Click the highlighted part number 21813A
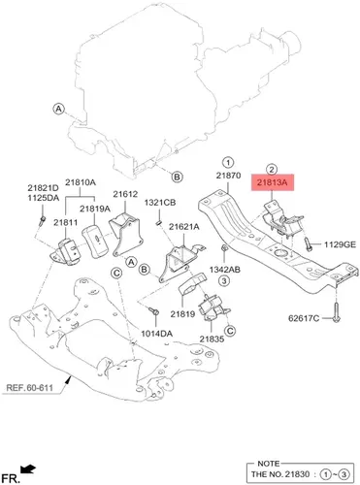pyautogui.click(x=273, y=182)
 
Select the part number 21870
pyautogui.click(x=228, y=176)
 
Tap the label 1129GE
pyautogui.click(x=340, y=244)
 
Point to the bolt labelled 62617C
pyautogui.click(x=336, y=312)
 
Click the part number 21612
pyautogui.click(x=125, y=194)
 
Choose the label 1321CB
pyautogui.click(x=160, y=203)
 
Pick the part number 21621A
pyautogui.click(x=184, y=227)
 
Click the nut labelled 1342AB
pyautogui.click(x=223, y=248)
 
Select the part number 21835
pyautogui.click(x=212, y=339)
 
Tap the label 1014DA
pyautogui.click(x=156, y=334)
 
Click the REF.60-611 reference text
pyautogui.click(x=29, y=387)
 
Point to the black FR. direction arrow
pyautogui.click(x=28, y=469)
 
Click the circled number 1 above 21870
pyautogui.click(x=228, y=162)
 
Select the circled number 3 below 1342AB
pyautogui.click(x=224, y=280)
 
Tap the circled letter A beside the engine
pyautogui.click(x=58, y=109)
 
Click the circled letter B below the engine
pyautogui.click(x=177, y=177)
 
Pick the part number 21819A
pyautogui.click(x=95, y=209)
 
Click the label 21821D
pyautogui.click(x=43, y=188)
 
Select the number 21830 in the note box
pyautogui.click(x=297, y=474)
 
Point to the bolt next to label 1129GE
pyautogui.click(x=308, y=244)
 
